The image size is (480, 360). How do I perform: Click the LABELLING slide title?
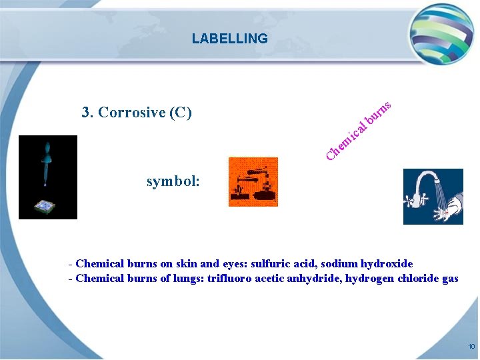pyautogui.click(x=229, y=39)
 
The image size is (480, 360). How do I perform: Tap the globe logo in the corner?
pyautogui.click(x=441, y=33)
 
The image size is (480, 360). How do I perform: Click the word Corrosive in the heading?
pyautogui.click(x=132, y=112)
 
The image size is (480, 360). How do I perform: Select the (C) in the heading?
pyautogui.click(x=181, y=112)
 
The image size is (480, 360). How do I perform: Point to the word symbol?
pyautogui.click(x=173, y=181)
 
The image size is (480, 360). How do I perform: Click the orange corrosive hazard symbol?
pyautogui.click(x=253, y=181)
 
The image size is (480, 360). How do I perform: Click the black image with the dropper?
pyautogui.click(x=48, y=177)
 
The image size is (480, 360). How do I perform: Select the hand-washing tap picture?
pyautogui.click(x=433, y=196)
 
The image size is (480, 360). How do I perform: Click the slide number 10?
pyautogui.click(x=471, y=347)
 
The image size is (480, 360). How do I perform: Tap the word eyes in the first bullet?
pyautogui.click(x=230, y=264)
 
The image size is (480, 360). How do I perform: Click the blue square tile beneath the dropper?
pyautogui.click(x=47, y=207)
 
